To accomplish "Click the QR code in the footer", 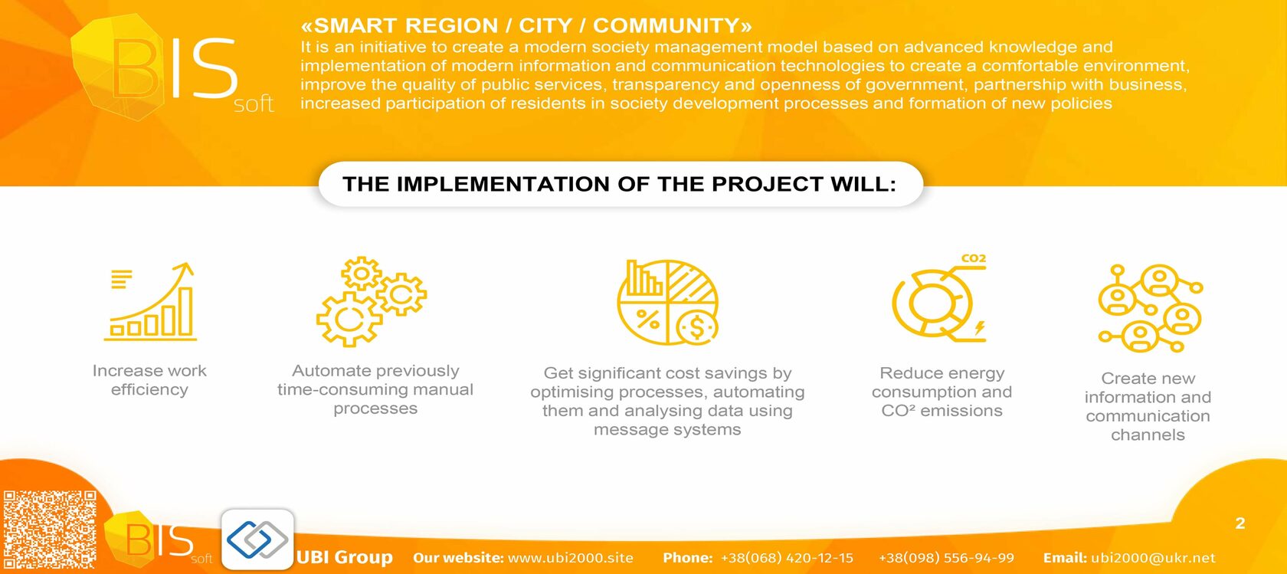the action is point(49,530).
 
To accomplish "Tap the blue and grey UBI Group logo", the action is point(257,540).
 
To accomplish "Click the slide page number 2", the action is point(1240,523).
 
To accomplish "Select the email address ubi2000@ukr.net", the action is point(1153,557).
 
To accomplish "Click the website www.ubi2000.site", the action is point(571,557).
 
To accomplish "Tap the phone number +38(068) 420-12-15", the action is point(788,557).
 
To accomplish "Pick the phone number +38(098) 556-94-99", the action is point(946,557).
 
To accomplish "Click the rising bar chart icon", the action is point(150,302).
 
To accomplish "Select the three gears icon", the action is point(371,302).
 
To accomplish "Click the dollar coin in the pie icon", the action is point(697,328).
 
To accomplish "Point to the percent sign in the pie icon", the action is point(647,319).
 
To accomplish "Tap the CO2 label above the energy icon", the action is point(973,258).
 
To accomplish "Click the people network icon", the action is point(1151,308).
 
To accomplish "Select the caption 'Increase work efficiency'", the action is point(149,380).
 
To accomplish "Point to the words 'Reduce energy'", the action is point(942,373).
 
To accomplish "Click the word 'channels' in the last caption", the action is point(1148,435).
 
